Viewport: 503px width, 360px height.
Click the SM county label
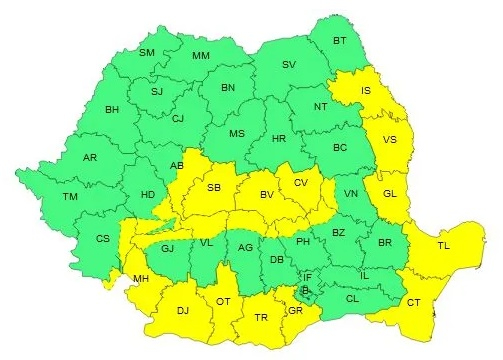(x=147, y=52)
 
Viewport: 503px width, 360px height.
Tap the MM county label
(x=201, y=55)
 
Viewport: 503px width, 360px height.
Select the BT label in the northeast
(x=340, y=41)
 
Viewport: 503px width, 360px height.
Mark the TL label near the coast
(x=444, y=243)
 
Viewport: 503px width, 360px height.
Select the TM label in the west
(x=70, y=197)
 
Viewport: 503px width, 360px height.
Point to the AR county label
(x=90, y=158)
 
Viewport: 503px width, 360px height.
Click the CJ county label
(x=178, y=119)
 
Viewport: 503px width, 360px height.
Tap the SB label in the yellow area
(x=213, y=186)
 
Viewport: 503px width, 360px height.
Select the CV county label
(x=300, y=183)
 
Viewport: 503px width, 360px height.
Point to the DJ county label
(x=183, y=311)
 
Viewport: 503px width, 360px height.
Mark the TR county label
(x=261, y=317)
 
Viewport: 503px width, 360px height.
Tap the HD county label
(x=147, y=195)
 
